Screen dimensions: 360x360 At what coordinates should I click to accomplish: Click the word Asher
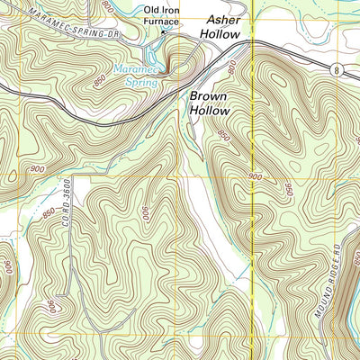pos(226,19)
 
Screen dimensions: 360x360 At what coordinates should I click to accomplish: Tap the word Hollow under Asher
pos(220,35)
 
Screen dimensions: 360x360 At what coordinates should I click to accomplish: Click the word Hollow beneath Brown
pos(210,111)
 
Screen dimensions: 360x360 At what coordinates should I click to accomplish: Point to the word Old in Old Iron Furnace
pos(155,11)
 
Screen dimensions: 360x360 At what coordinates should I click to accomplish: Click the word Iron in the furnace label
pos(175,11)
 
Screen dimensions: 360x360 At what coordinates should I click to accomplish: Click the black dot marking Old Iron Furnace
pos(163,31)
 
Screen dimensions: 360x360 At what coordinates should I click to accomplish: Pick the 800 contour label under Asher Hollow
pos(231,67)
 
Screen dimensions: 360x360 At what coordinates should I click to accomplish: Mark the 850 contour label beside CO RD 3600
pos(47,214)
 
